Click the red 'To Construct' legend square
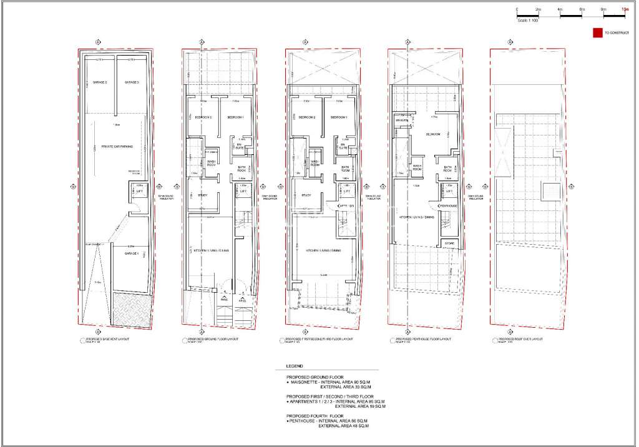click(x=597, y=32)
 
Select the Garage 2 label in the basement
click(x=100, y=82)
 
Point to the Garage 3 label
click(x=131, y=82)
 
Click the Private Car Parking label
click(x=115, y=145)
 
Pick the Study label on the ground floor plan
click(x=202, y=195)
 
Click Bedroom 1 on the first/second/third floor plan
click(x=338, y=118)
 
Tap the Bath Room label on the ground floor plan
click(x=243, y=169)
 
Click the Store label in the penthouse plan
click(x=449, y=243)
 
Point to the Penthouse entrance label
click(x=449, y=205)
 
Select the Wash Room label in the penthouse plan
click(x=417, y=167)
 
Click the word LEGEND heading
click(x=294, y=366)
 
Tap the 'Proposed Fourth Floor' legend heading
click(x=315, y=415)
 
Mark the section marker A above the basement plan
click(x=97, y=42)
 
